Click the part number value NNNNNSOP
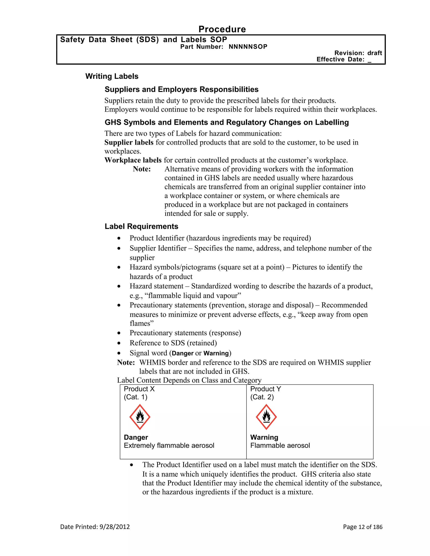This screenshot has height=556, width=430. coord(248,47)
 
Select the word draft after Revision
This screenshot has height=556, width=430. coord(375,53)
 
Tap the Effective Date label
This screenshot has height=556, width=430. coord(340,59)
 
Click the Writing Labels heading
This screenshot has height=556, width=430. coord(112,76)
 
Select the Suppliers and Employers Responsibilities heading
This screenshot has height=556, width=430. coord(181,89)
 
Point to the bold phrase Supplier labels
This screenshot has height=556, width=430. coord(129,142)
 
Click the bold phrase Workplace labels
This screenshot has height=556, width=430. coord(133,160)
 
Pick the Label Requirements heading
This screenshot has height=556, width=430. coord(141,226)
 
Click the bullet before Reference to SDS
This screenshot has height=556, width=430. coord(119,343)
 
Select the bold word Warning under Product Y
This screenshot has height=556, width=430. coord(264,437)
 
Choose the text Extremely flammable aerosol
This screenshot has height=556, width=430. coord(169,445)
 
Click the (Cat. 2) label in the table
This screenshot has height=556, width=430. coord(262,397)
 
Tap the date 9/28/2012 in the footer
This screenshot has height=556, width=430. coord(115,527)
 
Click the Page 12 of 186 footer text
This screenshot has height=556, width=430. coord(362,527)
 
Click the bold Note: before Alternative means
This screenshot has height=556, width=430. coord(142,169)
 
